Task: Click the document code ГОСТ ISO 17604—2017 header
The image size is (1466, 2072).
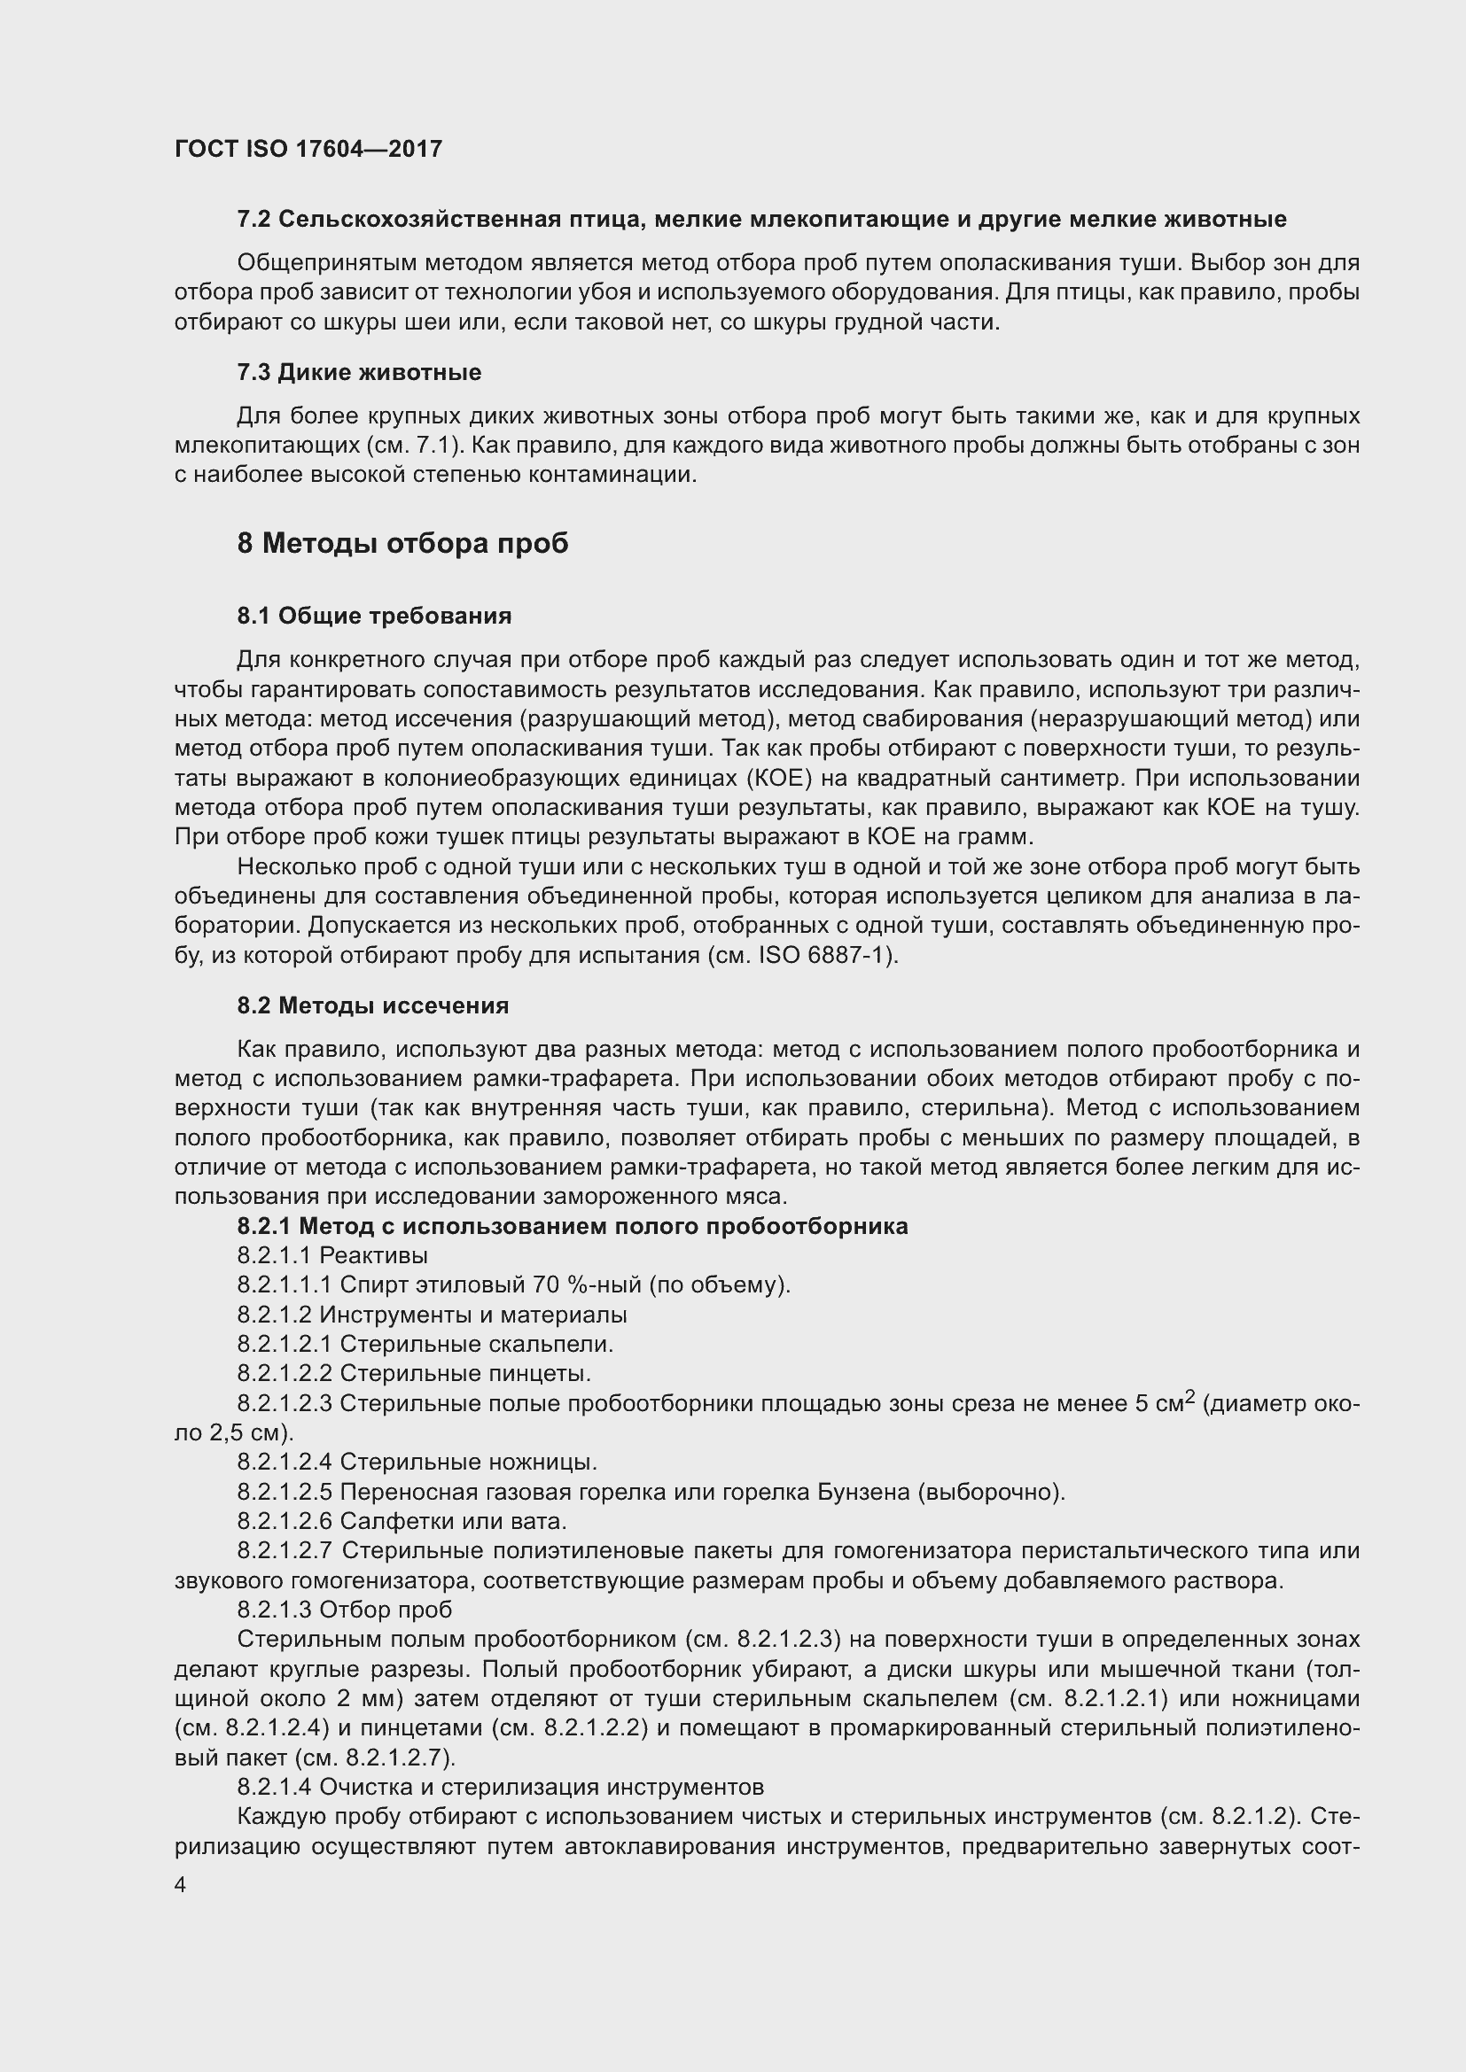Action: (x=308, y=149)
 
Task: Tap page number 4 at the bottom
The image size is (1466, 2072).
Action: (x=181, y=1884)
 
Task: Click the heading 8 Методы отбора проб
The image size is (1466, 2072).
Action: (x=402, y=543)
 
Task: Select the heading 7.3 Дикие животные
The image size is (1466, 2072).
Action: (x=358, y=372)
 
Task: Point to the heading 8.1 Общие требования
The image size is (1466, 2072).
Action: (x=374, y=616)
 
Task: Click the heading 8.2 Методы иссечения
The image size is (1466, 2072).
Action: (x=372, y=1005)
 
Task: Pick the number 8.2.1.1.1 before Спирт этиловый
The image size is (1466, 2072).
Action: (x=285, y=1284)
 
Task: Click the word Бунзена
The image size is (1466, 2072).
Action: (x=863, y=1492)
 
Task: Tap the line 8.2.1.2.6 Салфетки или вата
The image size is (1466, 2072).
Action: (x=402, y=1521)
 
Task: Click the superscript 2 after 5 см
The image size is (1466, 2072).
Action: (x=1189, y=1395)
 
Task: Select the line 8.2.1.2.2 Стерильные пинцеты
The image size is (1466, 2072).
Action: (x=413, y=1372)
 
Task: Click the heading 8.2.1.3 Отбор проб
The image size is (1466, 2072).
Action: (x=344, y=1609)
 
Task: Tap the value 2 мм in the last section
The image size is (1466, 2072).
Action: (x=357, y=1698)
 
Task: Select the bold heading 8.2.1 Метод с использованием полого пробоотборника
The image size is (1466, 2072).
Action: (x=573, y=1225)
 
